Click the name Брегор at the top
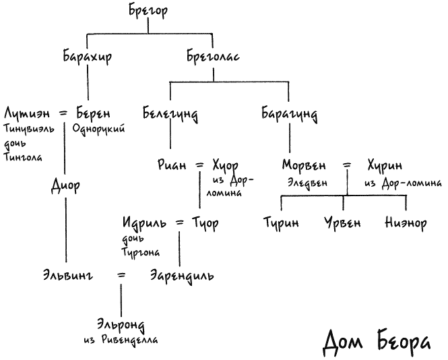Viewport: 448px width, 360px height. (148, 11)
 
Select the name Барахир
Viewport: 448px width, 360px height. (88, 56)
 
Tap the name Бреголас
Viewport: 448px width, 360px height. (213, 56)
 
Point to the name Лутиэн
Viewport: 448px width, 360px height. (27, 113)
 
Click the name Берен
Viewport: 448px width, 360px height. (94, 113)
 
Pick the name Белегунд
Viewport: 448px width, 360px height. (170, 114)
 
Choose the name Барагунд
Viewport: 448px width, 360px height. (289, 114)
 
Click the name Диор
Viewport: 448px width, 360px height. (66, 185)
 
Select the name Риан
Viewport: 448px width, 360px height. (172, 165)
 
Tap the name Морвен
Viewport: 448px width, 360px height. (304, 165)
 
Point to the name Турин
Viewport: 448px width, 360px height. (281, 223)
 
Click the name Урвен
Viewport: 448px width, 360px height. (342, 223)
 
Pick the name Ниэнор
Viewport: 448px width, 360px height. (406, 223)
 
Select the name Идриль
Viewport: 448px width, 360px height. (144, 223)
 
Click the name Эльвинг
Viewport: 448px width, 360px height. (68, 276)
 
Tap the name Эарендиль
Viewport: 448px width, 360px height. (182, 276)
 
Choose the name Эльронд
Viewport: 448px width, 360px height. (121, 325)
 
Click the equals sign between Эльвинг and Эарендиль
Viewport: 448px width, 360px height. (121, 276)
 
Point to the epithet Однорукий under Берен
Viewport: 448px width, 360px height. (98, 129)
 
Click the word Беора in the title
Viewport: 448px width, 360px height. (404, 342)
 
